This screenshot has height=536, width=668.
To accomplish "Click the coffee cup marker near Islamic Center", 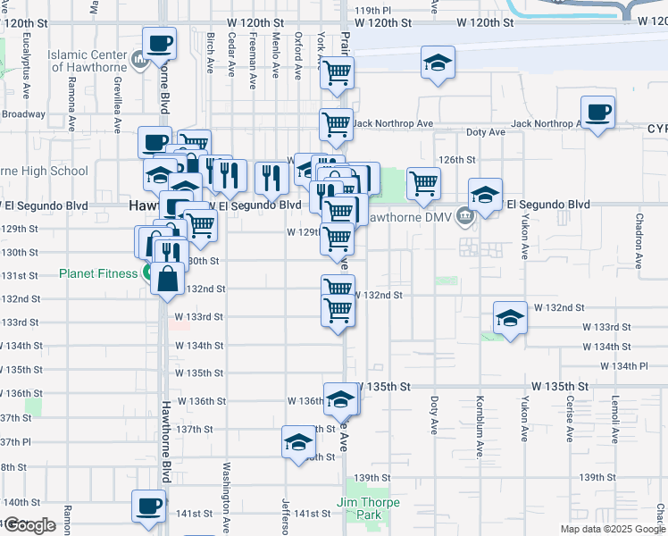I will click(159, 43).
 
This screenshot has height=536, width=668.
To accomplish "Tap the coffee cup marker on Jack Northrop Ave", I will click(597, 113).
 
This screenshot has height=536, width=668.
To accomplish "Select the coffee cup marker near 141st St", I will click(148, 507).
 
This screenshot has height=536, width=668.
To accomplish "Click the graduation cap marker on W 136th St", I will click(340, 400).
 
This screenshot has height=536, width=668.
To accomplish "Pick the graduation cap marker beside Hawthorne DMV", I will click(485, 196).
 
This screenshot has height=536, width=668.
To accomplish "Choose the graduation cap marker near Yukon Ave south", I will click(509, 319).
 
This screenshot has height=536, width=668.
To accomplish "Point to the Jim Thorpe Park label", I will click(368, 508).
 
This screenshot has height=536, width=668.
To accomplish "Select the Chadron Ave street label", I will click(639, 240).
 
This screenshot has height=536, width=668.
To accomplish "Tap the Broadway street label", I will click(22, 114).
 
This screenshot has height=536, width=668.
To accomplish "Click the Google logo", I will click(29, 525).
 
